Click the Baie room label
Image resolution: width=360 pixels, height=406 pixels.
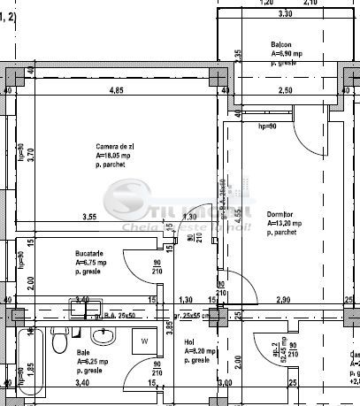pos(83,352)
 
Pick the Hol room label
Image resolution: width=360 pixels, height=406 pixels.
pos(189,342)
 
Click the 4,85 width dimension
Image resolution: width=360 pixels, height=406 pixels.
pos(116,91)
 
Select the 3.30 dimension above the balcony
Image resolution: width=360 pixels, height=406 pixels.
pos(285,15)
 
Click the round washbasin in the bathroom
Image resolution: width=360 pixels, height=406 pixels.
pos(104,336)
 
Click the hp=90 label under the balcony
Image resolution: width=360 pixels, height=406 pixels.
pos(267,126)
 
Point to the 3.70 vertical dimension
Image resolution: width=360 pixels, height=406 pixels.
pos(30,156)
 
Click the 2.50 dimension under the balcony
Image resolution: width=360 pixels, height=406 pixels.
pos(285,91)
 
